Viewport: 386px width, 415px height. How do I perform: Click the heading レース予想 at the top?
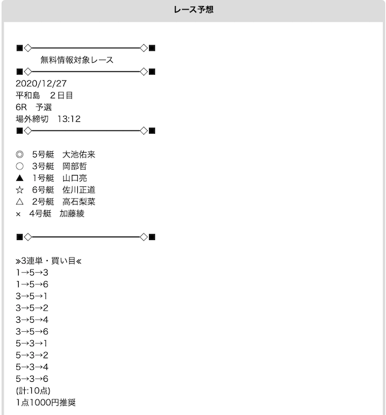(194, 10)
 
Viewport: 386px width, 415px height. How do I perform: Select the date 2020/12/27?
(41, 84)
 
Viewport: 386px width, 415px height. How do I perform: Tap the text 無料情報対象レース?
(77, 60)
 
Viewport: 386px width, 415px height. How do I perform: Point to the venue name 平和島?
(28, 95)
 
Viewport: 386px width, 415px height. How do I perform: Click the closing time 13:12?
(69, 119)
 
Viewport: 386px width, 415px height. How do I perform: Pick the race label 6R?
(21, 107)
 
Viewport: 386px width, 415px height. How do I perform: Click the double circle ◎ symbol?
(19, 154)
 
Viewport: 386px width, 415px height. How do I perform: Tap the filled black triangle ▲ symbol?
(19, 178)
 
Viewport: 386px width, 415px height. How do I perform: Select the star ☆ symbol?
(19, 190)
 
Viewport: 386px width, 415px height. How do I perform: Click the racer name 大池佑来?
(78, 154)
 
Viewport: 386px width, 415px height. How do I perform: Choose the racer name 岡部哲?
(75, 166)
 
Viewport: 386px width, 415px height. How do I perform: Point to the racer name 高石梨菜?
(78, 201)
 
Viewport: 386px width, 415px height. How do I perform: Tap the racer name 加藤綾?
(72, 214)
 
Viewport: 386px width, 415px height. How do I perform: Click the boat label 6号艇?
(43, 190)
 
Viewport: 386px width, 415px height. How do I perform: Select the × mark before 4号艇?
(18, 214)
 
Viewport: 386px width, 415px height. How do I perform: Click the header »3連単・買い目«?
(48, 261)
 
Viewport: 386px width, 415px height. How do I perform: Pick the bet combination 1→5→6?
(32, 284)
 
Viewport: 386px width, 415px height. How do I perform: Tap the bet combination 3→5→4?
(32, 320)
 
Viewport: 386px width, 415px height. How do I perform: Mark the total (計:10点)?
(33, 391)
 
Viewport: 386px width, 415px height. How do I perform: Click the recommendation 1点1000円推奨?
(46, 402)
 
